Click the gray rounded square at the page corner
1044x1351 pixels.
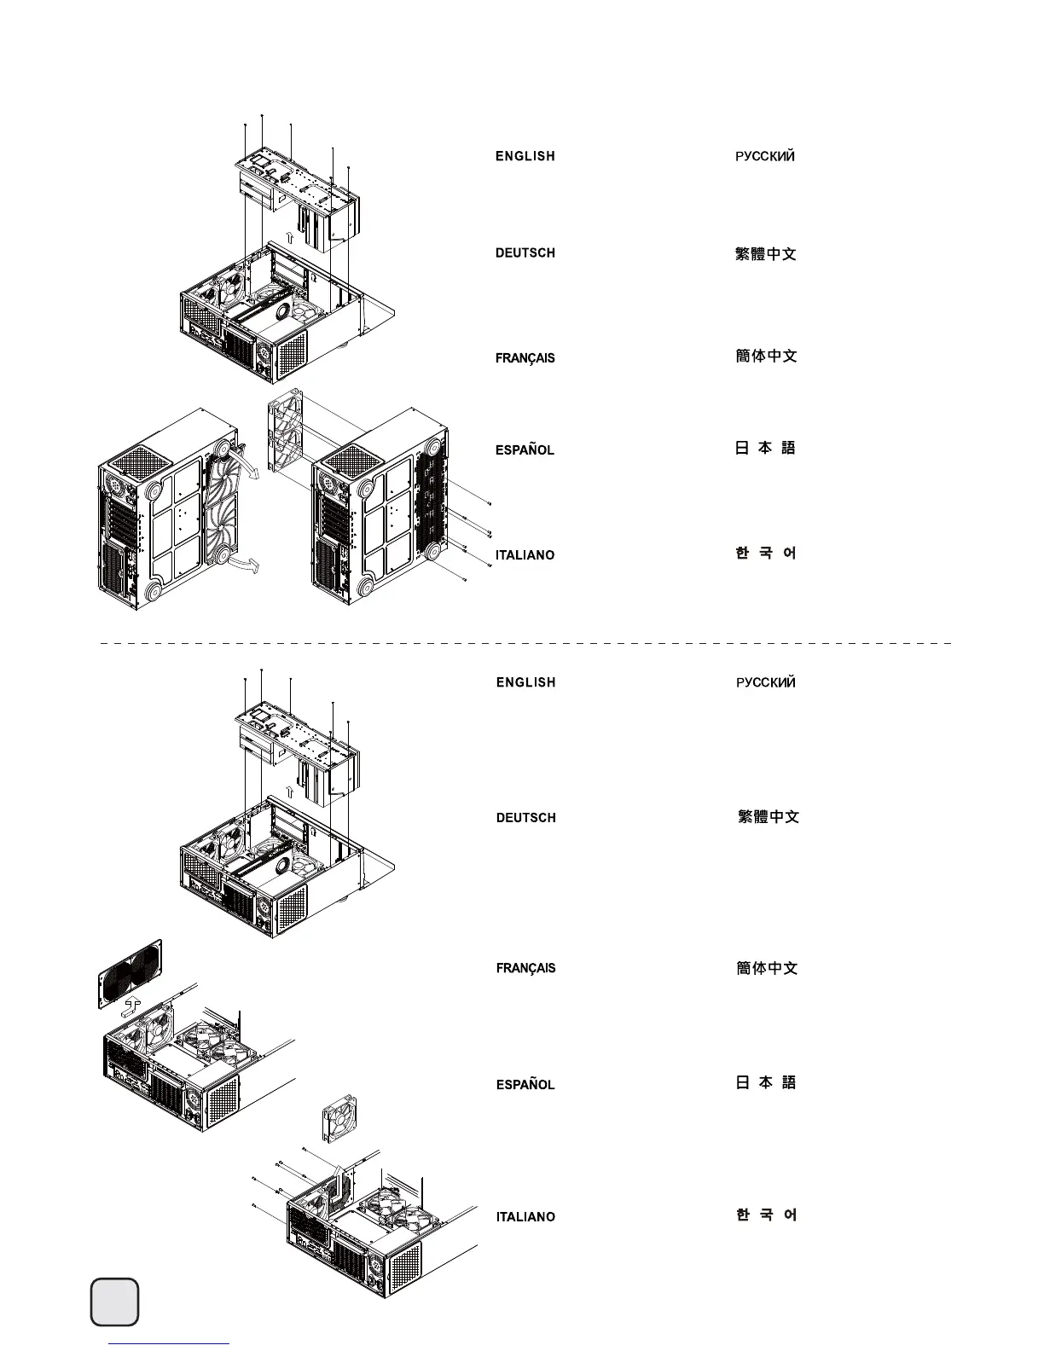[114, 1302]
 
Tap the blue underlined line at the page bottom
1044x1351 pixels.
[170, 1344]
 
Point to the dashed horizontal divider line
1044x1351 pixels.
[525, 643]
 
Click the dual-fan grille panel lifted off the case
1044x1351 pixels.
[130, 973]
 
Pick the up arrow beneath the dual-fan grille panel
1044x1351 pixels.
[130, 1006]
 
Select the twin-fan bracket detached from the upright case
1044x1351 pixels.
[286, 430]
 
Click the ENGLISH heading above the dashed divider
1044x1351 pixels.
[525, 157]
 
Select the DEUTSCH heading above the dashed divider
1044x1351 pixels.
[525, 253]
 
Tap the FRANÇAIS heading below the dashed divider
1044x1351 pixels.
[525, 969]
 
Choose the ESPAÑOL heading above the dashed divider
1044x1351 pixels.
[525, 450]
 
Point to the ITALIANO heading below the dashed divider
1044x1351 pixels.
[525, 1217]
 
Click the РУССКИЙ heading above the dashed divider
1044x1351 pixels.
[765, 157]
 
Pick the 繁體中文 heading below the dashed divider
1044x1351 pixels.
[768, 817]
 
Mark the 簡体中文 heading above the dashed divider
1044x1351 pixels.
[766, 357]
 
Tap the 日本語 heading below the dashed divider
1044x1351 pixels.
[765, 1082]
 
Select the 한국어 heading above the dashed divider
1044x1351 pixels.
[765, 554]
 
